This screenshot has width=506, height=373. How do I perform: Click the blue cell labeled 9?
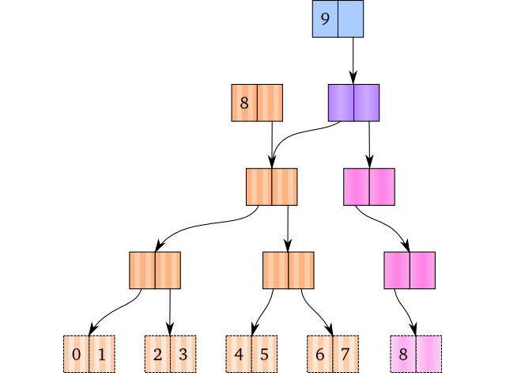click(x=325, y=19)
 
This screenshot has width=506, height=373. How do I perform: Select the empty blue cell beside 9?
click(x=350, y=19)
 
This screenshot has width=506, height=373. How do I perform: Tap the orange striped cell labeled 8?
click(x=244, y=102)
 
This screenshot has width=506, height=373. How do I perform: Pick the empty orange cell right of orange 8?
click(x=270, y=102)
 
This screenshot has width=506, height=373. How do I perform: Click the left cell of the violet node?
click(x=341, y=102)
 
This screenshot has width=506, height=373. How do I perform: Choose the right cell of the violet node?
click(x=366, y=102)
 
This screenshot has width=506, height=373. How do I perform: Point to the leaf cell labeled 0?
click(x=76, y=354)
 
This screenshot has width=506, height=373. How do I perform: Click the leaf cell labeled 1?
click(x=101, y=354)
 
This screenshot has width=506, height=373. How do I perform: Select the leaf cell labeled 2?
click(x=157, y=354)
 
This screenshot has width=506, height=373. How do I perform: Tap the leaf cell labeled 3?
click(x=183, y=354)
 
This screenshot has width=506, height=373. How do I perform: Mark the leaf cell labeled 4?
click(x=239, y=354)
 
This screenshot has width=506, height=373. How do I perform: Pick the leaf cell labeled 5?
click(x=264, y=354)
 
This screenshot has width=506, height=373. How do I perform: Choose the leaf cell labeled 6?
click(x=320, y=354)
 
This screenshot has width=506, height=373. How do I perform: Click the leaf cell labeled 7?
click(x=346, y=354)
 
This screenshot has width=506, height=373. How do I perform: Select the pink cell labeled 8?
click(x=402, y=354)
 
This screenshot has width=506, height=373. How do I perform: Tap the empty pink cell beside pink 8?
click(x=428, y=354)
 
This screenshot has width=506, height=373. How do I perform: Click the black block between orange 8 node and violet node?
click(x=305, y=102)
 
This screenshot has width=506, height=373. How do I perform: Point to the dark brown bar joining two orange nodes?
click(x=221, y=270)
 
